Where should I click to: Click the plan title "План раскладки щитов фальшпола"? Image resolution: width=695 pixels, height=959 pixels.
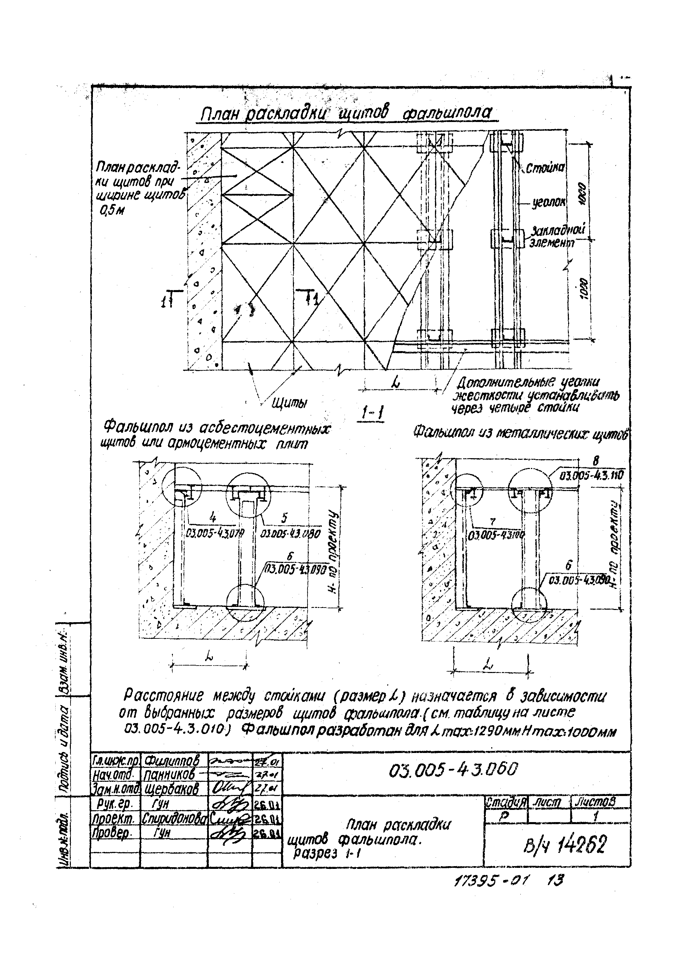[346, 113]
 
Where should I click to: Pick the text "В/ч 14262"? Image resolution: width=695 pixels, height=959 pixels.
[565, 845]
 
